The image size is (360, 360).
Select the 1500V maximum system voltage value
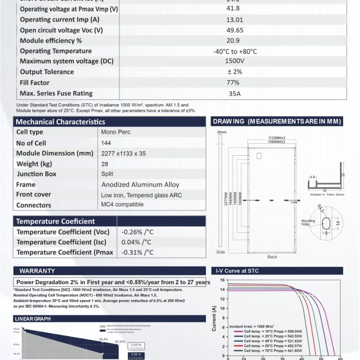coord(234,61)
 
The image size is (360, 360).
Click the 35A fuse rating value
coord(234,94)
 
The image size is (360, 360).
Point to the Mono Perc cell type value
coord(116,132)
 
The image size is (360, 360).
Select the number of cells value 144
coord(106,143)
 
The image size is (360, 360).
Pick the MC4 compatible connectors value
coord(122,204)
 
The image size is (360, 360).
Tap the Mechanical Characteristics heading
coord(60,122)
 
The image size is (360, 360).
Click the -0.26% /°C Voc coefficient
coord(137,232)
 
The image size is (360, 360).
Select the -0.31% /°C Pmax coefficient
coord(137,252)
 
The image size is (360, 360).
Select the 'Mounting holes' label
coord(308,223)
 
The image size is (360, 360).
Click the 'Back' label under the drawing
coord(272,257)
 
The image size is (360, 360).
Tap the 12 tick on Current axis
coord(222,299)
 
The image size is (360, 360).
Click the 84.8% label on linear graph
coord(103,339)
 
